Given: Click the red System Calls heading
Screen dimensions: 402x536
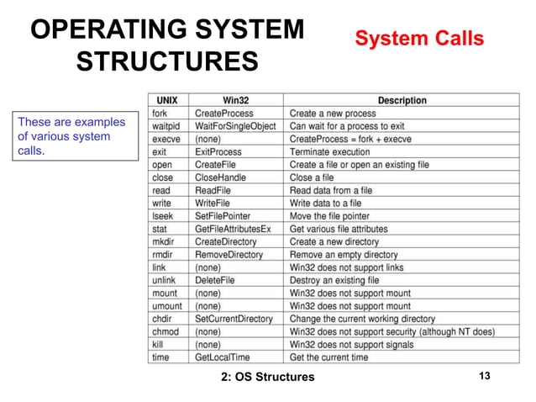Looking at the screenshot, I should click(419, 38).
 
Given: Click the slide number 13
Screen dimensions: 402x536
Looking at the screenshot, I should click(483, 375).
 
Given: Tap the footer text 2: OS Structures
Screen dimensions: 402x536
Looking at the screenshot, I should click(267, 376).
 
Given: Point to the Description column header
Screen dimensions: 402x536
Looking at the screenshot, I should click(402, 100).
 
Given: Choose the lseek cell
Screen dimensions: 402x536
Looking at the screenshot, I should click(164, 216).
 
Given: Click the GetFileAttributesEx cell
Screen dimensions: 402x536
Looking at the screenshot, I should click(233, 229).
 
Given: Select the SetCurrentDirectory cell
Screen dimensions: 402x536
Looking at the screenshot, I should click(234, 319).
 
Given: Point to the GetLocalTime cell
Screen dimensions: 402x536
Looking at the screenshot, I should click(223, 357).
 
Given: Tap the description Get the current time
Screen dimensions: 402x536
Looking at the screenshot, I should click(328, 357).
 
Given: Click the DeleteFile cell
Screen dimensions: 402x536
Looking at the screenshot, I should click(215, 280).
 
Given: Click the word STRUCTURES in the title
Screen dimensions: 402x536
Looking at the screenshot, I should click(167, 62).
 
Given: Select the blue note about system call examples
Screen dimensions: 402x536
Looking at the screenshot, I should click(72, 136).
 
